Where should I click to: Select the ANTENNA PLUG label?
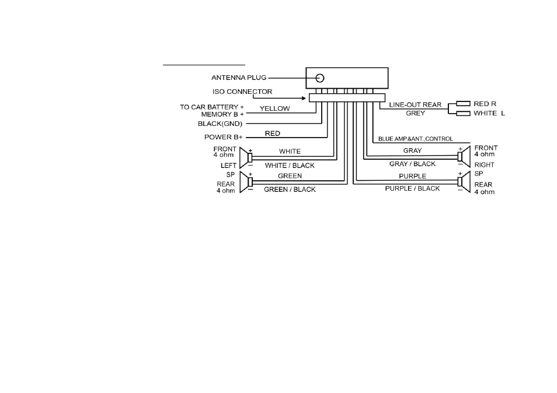[x=239, y=78]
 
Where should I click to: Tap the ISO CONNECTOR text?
[x=242, y=92]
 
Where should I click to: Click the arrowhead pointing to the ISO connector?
[x=304, y=98]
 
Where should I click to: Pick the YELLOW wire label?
[x=274, y=108]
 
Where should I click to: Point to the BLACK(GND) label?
[x=220, y=124]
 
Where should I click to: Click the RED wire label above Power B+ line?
[x=273, y=134]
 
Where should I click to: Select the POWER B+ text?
[x=224, y=137]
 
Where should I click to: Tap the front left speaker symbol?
[x=246, y=157]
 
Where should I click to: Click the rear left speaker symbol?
[x=246, y=182]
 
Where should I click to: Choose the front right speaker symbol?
[x=464, y=156]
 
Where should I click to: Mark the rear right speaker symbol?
[x=464, y=181]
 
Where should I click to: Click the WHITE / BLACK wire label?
[x=290, y=166]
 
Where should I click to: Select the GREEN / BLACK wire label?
[x=290, y=190]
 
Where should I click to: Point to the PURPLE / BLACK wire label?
[x=412, y=188]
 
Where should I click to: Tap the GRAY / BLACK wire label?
[x=412, y=164]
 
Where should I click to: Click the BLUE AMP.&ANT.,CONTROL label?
[x=416, y=139]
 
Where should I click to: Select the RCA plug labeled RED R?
[x=463, y=104]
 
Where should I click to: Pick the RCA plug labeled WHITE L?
[x=463, y=114]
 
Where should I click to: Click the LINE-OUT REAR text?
[x=415, y=104]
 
